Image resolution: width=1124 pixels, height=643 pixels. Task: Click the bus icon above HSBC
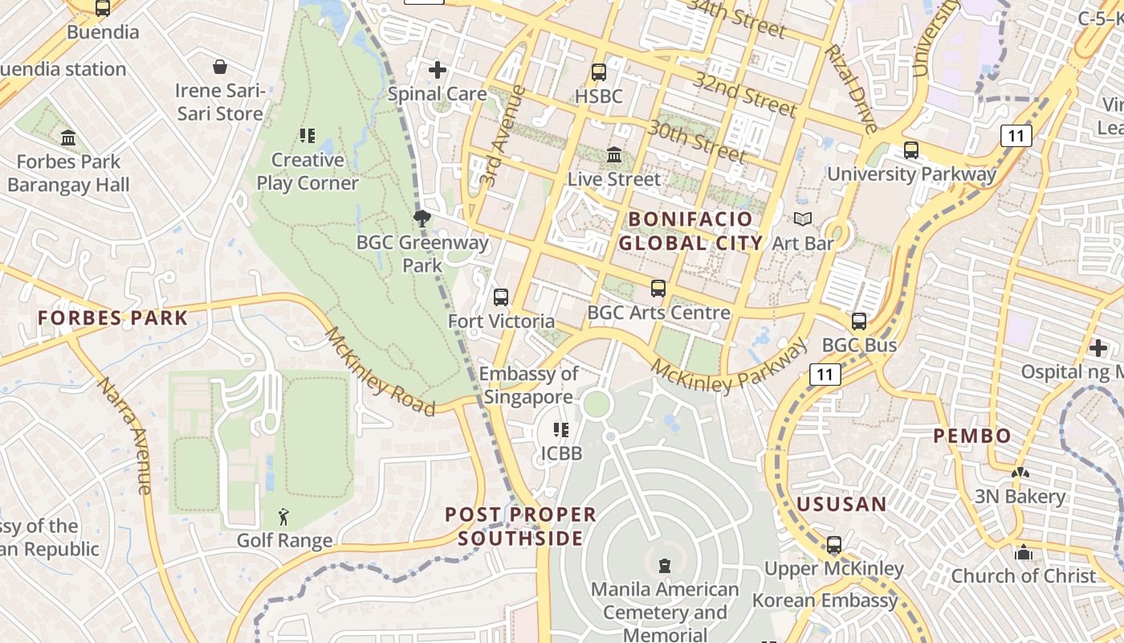tap(599, 72)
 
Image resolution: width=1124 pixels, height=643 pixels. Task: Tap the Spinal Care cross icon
tap(438, 70)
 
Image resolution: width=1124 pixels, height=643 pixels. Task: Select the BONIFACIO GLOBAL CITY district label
tap(690, 231)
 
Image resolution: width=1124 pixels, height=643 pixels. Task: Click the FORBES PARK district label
tap(113, 317)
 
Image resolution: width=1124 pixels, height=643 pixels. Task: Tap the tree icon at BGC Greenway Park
tap(421, 218)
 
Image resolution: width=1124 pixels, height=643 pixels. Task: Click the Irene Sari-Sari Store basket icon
tap(220, 67)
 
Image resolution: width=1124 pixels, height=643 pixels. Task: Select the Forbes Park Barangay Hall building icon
tap(68, 137)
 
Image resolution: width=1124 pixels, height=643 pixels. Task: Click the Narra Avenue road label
tap(124, 434)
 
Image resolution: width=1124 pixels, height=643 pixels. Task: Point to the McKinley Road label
tap(380, 371)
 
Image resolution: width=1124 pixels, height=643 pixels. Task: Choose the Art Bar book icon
tap(803, 219)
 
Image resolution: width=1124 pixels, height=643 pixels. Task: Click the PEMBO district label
tap(972, 436)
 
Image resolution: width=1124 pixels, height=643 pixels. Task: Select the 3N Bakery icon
tap(1020, 473)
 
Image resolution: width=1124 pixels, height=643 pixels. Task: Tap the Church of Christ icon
tap(1024, 553)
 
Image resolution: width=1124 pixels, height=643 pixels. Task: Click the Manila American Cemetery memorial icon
tap(665, 566)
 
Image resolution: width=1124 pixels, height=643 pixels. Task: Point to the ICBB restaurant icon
tap(561, 430)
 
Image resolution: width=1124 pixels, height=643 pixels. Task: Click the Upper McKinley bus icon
tap(834, 545)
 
